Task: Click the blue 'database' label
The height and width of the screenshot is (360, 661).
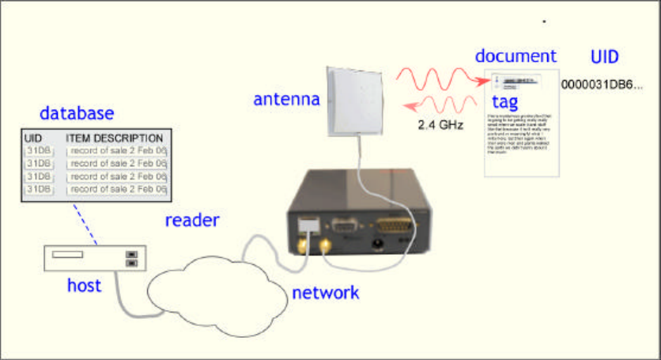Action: (x=77, y=113)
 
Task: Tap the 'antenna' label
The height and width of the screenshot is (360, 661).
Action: (x=286, y=100)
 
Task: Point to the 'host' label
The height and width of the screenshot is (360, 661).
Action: (x=84, y=285)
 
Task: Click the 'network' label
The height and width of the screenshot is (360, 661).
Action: (x=326, y=293)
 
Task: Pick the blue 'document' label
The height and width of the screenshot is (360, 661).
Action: (x=516, y=56)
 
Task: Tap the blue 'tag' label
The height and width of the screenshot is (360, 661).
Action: (x=505, y=103)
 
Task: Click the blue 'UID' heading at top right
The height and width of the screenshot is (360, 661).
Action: (x=605, y=57)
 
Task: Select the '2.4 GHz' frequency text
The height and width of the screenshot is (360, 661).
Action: (x=440, y=124)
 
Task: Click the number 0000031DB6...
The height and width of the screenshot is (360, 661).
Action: (x=602, y=83)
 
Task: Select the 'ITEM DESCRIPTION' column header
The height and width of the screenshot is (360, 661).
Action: (x=114, y=138)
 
